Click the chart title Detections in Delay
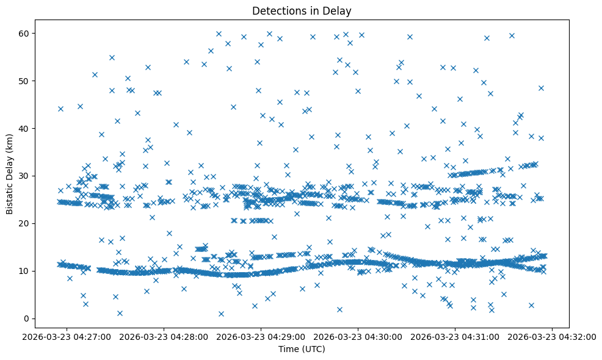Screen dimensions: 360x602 pyautogui.click(x=302, y=10)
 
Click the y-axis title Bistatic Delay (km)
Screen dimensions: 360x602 pyautogui.click(x=10, y=174)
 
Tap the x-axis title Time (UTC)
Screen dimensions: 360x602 pyautogui.click(x=302, y=350)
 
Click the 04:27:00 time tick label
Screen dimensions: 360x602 pyautogui.click(x=68, y=336)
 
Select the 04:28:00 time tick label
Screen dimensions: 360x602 pyautogui.click(x=165, y=336)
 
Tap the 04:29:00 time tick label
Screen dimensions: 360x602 pyautogui.click(x=262, y=336)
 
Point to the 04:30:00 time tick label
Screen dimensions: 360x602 pyautogui.click(x=359, y=336)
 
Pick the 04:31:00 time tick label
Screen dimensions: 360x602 pyautogui.click(x=456, y=336)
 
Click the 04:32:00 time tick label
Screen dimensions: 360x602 pyautogui.click(x=553, y=336)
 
